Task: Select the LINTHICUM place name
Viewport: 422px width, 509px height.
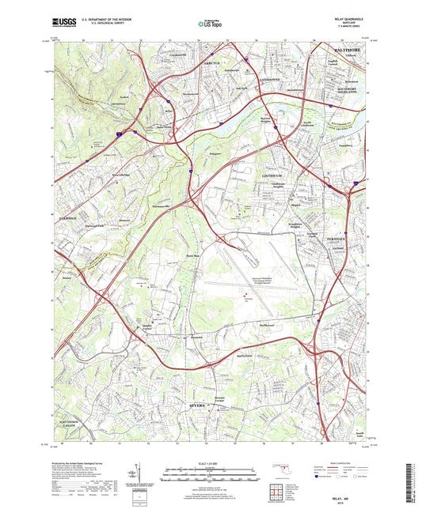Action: point(275,175)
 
